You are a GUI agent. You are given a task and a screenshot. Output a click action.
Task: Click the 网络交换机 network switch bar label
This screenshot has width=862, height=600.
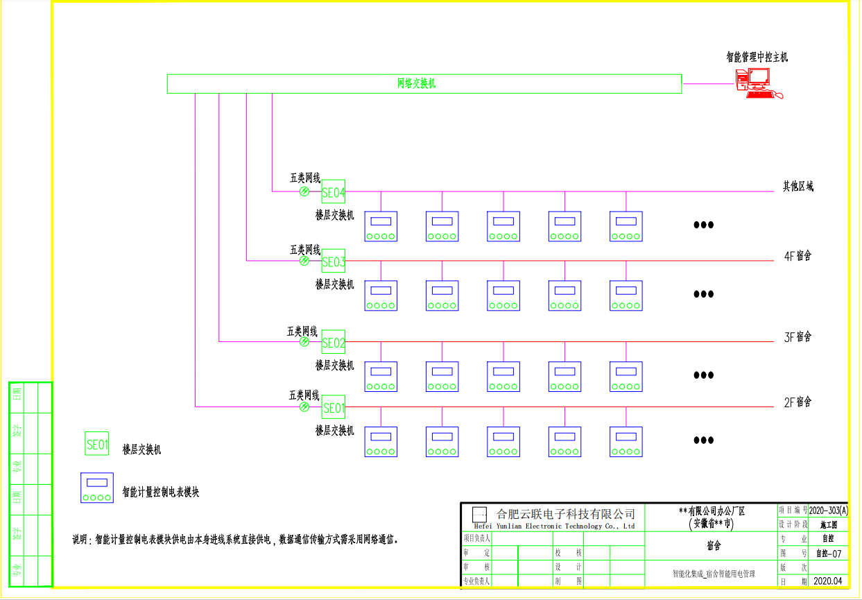point(416,84)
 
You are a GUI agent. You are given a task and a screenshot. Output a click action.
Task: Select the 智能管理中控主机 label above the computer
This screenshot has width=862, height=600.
point(757,57)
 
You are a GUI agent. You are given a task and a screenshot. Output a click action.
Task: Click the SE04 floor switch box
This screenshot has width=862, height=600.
point(333,192)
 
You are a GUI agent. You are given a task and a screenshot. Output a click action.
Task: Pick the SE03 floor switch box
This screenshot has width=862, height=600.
point(333,262)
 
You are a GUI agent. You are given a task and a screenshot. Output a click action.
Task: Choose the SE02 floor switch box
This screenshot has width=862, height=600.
point(333,343)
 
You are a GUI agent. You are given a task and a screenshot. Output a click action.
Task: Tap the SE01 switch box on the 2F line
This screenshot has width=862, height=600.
point(333,408)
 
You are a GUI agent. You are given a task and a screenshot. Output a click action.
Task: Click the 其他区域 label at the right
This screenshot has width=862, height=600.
point(798,186)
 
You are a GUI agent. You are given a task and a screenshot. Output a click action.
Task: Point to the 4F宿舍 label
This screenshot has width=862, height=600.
point(798,256)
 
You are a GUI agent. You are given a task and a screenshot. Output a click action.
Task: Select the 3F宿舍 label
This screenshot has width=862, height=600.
point(798,337)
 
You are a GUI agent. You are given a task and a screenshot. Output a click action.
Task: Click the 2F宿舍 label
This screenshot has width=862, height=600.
point(798,402)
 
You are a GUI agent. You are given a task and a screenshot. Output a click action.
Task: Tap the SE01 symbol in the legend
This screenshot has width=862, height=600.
point(97,444)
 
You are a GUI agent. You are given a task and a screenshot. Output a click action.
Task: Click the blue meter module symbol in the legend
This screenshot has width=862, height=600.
point(97,488)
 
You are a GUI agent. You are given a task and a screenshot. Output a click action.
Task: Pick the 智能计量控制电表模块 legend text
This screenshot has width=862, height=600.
point(161,492)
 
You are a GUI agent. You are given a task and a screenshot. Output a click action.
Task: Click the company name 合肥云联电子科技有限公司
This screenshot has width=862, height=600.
point(566,514)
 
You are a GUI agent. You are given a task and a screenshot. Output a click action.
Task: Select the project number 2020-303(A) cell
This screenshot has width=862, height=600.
point(829,510)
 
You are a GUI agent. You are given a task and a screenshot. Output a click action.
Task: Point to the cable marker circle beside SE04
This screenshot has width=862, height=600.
point(304,191)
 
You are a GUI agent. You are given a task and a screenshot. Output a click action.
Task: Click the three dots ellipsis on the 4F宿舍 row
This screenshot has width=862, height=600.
point(703,294)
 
